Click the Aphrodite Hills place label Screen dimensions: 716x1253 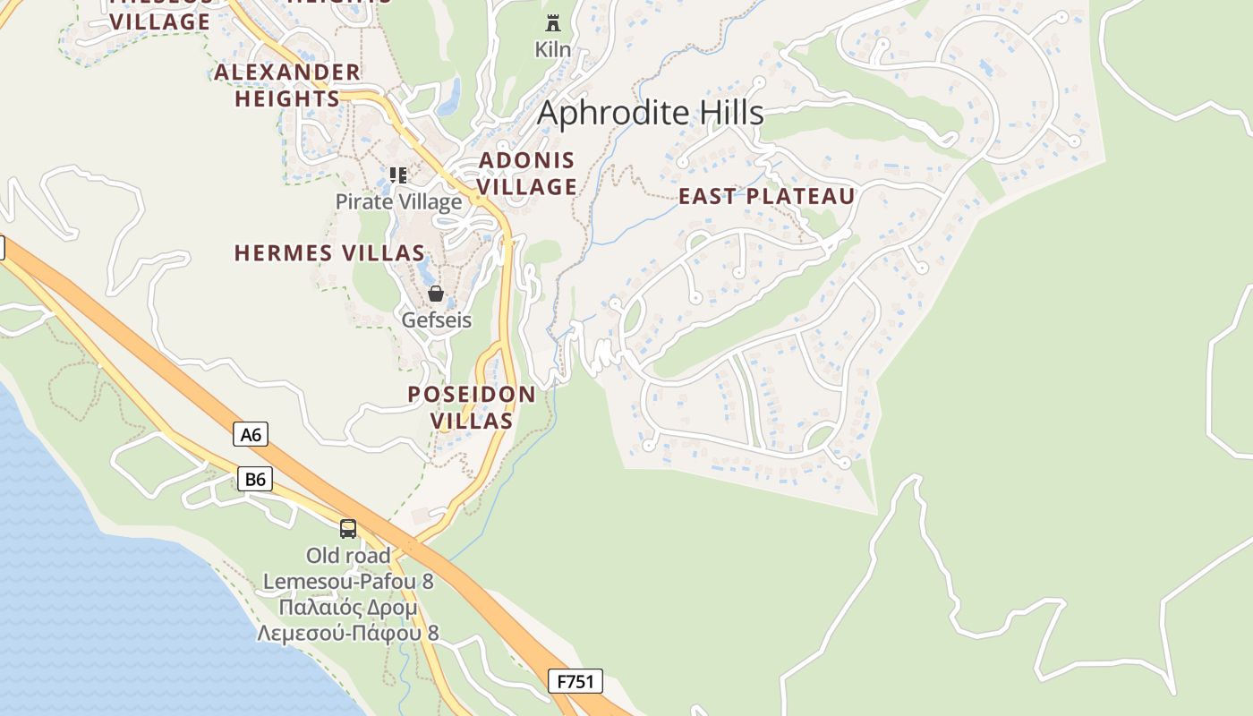tap(651, 113)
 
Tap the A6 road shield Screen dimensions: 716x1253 tap(251, 435)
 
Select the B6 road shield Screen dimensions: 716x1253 tap(255, 480)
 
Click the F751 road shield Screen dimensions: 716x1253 tap(575, 681)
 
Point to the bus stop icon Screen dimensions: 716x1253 tap(348, 529)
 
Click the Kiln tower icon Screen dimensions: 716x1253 tap(553, 23)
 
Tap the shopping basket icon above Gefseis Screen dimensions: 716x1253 tap(436, 294)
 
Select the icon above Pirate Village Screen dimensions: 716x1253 tap(398, 175)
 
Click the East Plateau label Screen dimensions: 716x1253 tap(766, 197)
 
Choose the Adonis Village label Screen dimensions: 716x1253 tap(526, 174)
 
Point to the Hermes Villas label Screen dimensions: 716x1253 tap(329, 253)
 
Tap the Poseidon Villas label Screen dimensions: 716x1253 tap(472, 407)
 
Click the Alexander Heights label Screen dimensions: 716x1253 tap(287, 85)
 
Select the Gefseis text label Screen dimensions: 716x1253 tap(436, 320)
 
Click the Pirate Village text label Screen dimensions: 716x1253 tap(398, 201)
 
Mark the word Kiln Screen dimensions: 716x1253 tap(553, 49)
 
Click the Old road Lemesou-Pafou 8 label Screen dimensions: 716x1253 tap(348, 568)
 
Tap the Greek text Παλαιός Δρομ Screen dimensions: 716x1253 tap(348, 608)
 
